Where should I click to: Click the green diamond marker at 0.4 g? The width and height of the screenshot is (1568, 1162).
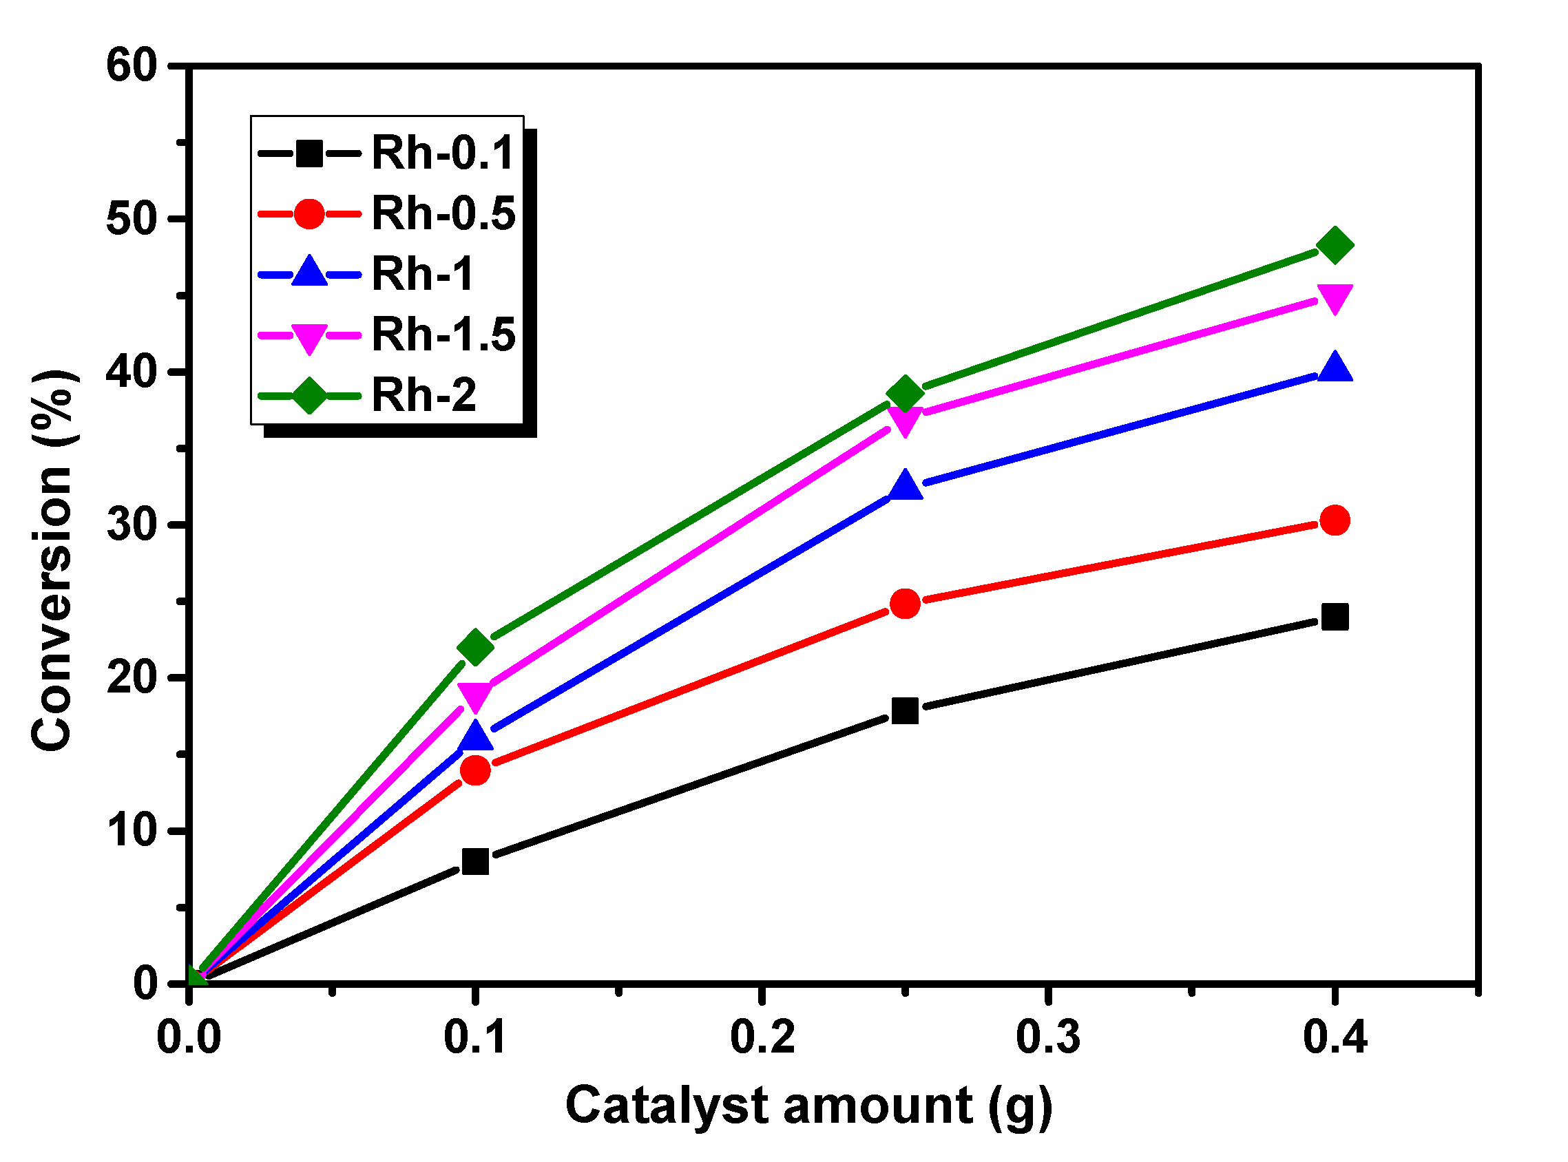pyautogui.click(x=1335, y=246)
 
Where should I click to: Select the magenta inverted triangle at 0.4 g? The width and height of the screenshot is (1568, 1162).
pyautogui.click(x=1335, y=298)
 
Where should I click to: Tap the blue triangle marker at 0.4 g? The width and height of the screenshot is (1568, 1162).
pyautogui.click(x=1335, y=368)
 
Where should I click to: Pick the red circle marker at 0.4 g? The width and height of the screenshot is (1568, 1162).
pyautogui.click(x=1335, y=520)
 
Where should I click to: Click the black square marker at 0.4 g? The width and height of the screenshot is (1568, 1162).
pyautogui.click(x=1335, y=617)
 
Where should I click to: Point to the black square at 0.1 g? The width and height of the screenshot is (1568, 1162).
pyautogui.click(x=476, y=861)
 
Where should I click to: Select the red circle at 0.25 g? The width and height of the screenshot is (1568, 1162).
pyautogui.click(x=905, y=604)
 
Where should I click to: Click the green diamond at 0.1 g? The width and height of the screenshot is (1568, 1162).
pyautogui.click(x=476, y=646)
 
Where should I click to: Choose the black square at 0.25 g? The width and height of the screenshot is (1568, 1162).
pyautogui.click(x=905, y=711)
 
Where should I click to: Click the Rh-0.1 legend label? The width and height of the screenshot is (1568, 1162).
pyautogui.click(x=443, y=153)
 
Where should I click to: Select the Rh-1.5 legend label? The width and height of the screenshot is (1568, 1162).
pyautogui.click(x=443, y=334)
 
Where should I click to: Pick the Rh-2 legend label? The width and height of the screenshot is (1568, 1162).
pyautogui.click(x=424, y=394)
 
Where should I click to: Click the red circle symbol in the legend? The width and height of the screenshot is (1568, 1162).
pyautogui.click(x=309, y=213)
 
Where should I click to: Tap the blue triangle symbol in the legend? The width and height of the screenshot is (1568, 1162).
pyautogui.click(x=309, y=273)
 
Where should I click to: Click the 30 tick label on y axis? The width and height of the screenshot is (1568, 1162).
pyautogui.click(x=132, y=525)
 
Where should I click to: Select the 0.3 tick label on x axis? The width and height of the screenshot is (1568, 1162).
pyautogui.click(x=1048, y=1037)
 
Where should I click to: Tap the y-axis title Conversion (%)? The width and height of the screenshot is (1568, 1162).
pyautogui.click(x=53, y=560)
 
